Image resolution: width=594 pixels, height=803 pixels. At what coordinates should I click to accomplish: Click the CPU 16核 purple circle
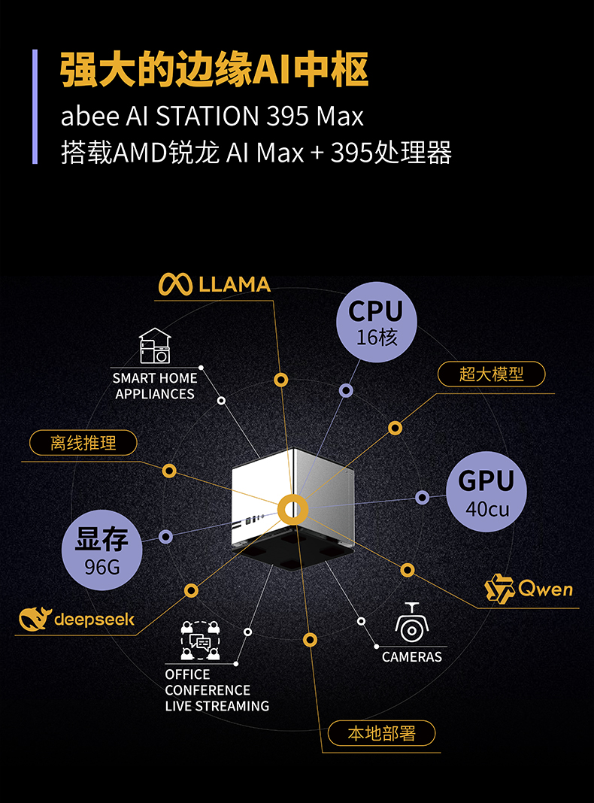376,322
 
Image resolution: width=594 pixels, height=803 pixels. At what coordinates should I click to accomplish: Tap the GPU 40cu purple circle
486,492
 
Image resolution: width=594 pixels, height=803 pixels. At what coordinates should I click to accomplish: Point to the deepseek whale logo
34,618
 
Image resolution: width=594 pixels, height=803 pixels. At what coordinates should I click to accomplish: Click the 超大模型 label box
491,374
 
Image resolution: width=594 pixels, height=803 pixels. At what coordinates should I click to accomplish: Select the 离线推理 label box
83,443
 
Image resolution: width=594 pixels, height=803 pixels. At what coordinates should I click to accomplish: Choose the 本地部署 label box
381,733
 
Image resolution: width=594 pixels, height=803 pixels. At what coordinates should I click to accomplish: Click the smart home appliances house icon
155,347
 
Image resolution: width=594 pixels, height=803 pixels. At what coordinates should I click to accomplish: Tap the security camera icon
411,622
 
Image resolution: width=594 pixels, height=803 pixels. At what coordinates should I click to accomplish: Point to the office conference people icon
199,641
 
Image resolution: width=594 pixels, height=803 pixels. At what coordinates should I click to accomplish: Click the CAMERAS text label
412,656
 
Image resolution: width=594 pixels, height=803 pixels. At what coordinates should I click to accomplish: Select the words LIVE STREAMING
217,706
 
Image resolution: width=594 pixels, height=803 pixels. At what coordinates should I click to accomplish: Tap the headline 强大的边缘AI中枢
214,70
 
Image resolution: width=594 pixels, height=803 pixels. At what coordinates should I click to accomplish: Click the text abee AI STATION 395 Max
212,117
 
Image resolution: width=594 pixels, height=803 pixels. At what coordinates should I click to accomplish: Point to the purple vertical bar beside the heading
35,106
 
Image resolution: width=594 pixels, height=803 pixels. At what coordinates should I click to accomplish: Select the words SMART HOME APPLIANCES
155,386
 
